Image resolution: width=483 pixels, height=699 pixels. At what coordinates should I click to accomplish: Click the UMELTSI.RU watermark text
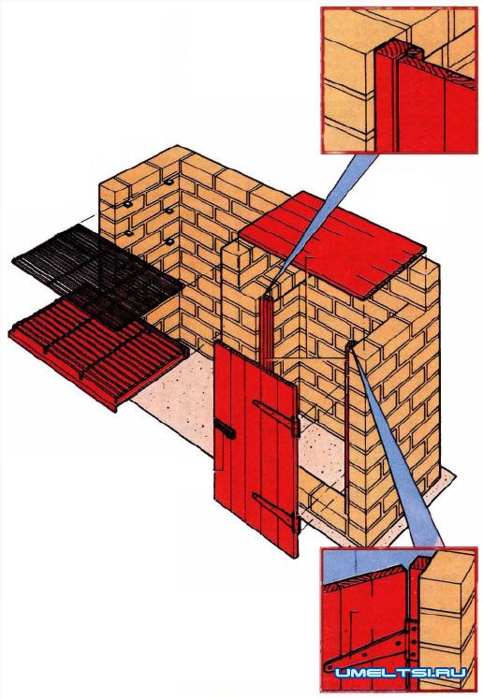coord(401,673)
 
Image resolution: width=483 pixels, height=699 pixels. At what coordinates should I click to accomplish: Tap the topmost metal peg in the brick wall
coord(169,182)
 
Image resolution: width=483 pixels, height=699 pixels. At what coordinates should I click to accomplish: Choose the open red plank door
coord(256,448)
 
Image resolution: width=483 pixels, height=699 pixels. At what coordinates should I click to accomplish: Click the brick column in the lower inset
coord(447,619)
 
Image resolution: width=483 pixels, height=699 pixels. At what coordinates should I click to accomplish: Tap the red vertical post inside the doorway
coord(266,328)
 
